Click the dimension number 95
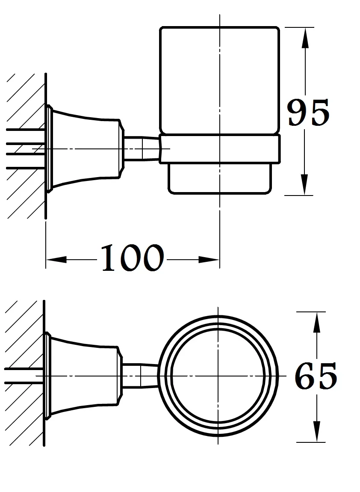pyautogui.click(x=308, y=113)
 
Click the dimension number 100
pyautogui.click(x=132, y=258)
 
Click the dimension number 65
pyautogui.click(x=316, y=376)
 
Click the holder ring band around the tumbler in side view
pyautogui.click(x=220, y=148)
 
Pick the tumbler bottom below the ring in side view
pyautogui.click(x=220, y=178)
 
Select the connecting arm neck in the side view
pyautogui.click(x=141, y=148)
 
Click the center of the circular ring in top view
pyautogui.click(x=218, y=376)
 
